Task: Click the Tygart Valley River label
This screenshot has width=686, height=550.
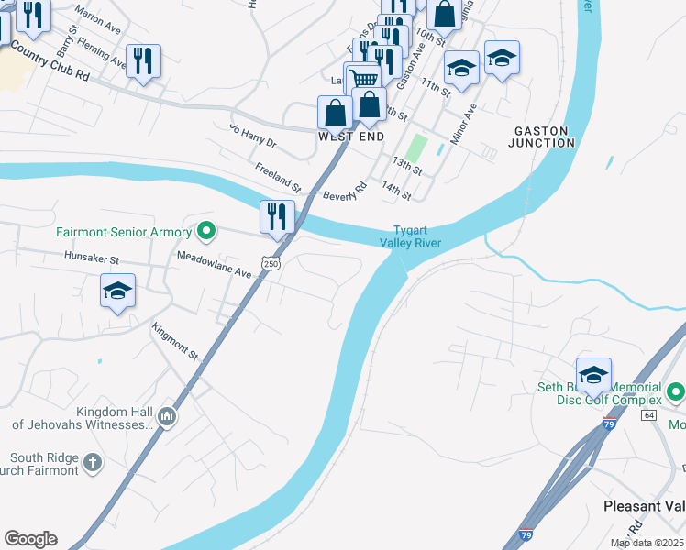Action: pos(411,236)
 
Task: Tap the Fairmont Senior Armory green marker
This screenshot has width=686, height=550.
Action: pos(207,232)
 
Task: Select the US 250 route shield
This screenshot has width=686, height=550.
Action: pos(271,263)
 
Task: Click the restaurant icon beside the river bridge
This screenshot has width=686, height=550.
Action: pos(277,216)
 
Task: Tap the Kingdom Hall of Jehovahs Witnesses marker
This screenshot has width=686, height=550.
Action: pos(166,416)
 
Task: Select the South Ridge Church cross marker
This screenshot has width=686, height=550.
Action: pos(93,463)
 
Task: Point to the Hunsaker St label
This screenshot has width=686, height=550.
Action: pos(92,260)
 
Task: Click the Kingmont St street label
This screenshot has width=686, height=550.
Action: pos(175,339)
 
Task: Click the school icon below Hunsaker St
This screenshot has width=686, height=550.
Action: pos(117,291)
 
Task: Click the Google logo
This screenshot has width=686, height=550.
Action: pos(30,539)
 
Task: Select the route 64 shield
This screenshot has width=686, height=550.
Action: pos(649,415)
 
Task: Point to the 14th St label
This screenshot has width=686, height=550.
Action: pos(396,191)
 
